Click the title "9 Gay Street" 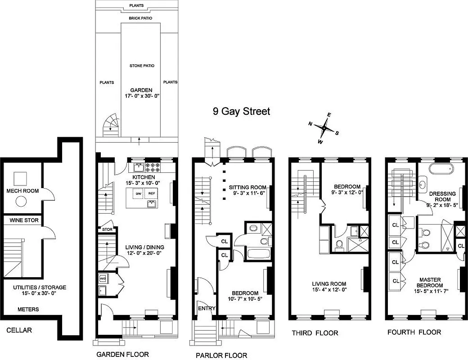(242, 111)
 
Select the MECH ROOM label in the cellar (22, 191)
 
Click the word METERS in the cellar (28, 310)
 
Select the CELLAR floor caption (19, 330)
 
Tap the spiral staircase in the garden (110, 125)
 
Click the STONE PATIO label (142, 66)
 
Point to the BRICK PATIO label (140, 18)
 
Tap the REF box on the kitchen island (152, 193)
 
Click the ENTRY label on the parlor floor (207, 309)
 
